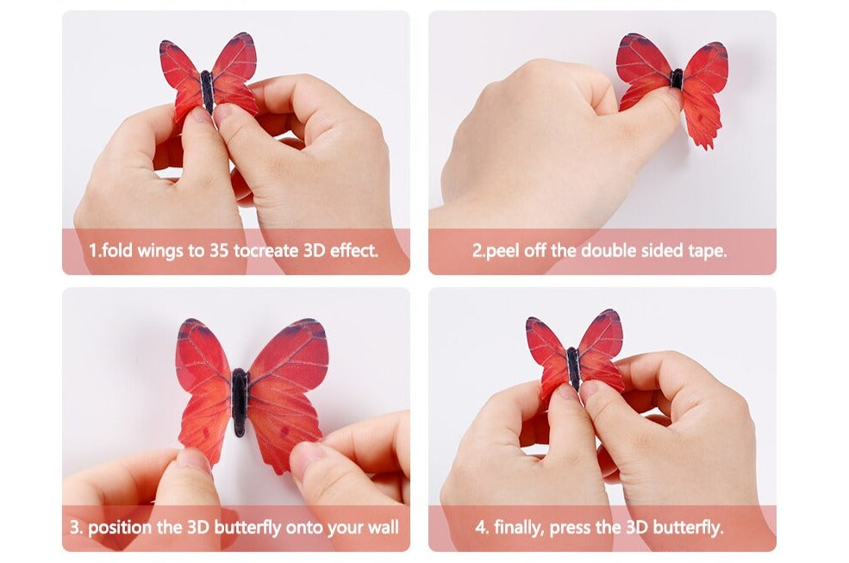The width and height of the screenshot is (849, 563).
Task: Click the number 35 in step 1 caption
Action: (220, 252)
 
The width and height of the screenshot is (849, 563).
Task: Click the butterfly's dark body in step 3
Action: (240, 402)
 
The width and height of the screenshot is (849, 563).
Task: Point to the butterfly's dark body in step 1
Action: (207, 91)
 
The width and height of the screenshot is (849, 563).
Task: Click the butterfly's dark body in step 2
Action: (677, 78)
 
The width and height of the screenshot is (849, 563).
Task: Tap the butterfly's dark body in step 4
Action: (574, 366)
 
